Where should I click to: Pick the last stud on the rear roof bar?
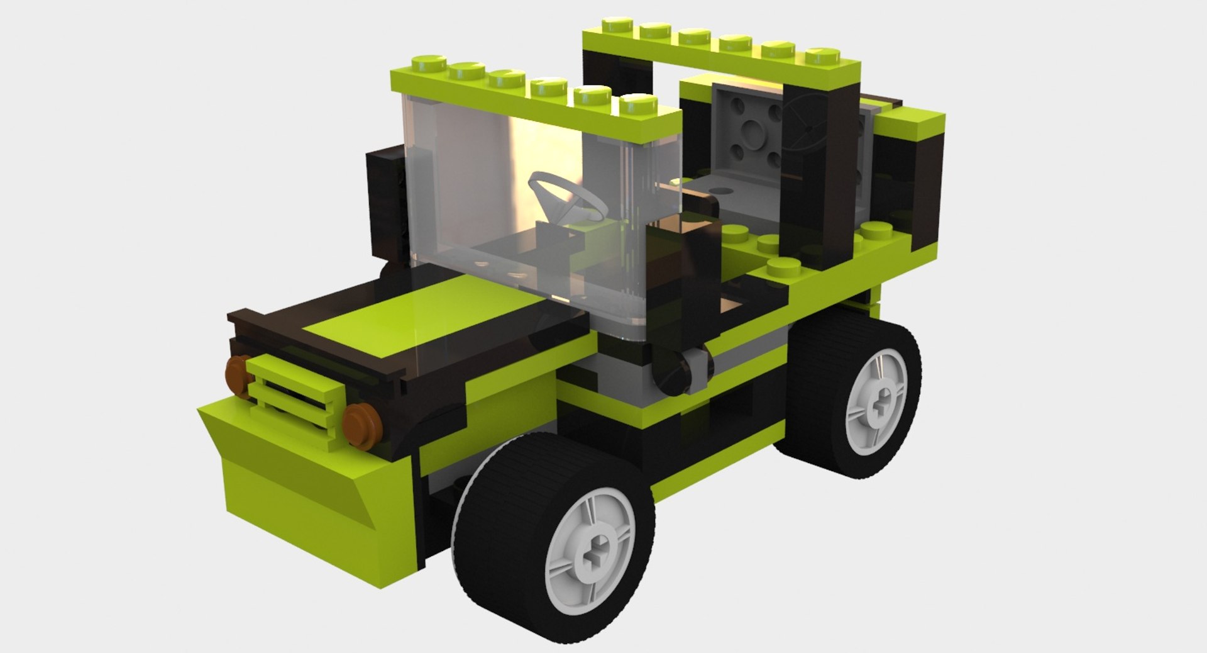[x=822, y=54]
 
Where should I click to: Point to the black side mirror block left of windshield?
[x=385, y=201]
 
